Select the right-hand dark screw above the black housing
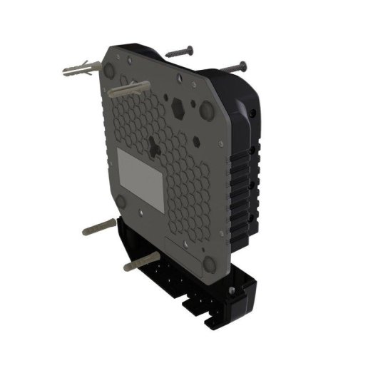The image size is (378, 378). point(233,66)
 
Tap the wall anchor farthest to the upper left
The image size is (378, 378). point(77,70)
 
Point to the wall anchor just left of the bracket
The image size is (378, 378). point(100,228)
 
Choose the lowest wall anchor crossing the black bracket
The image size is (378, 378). point(143,261)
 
